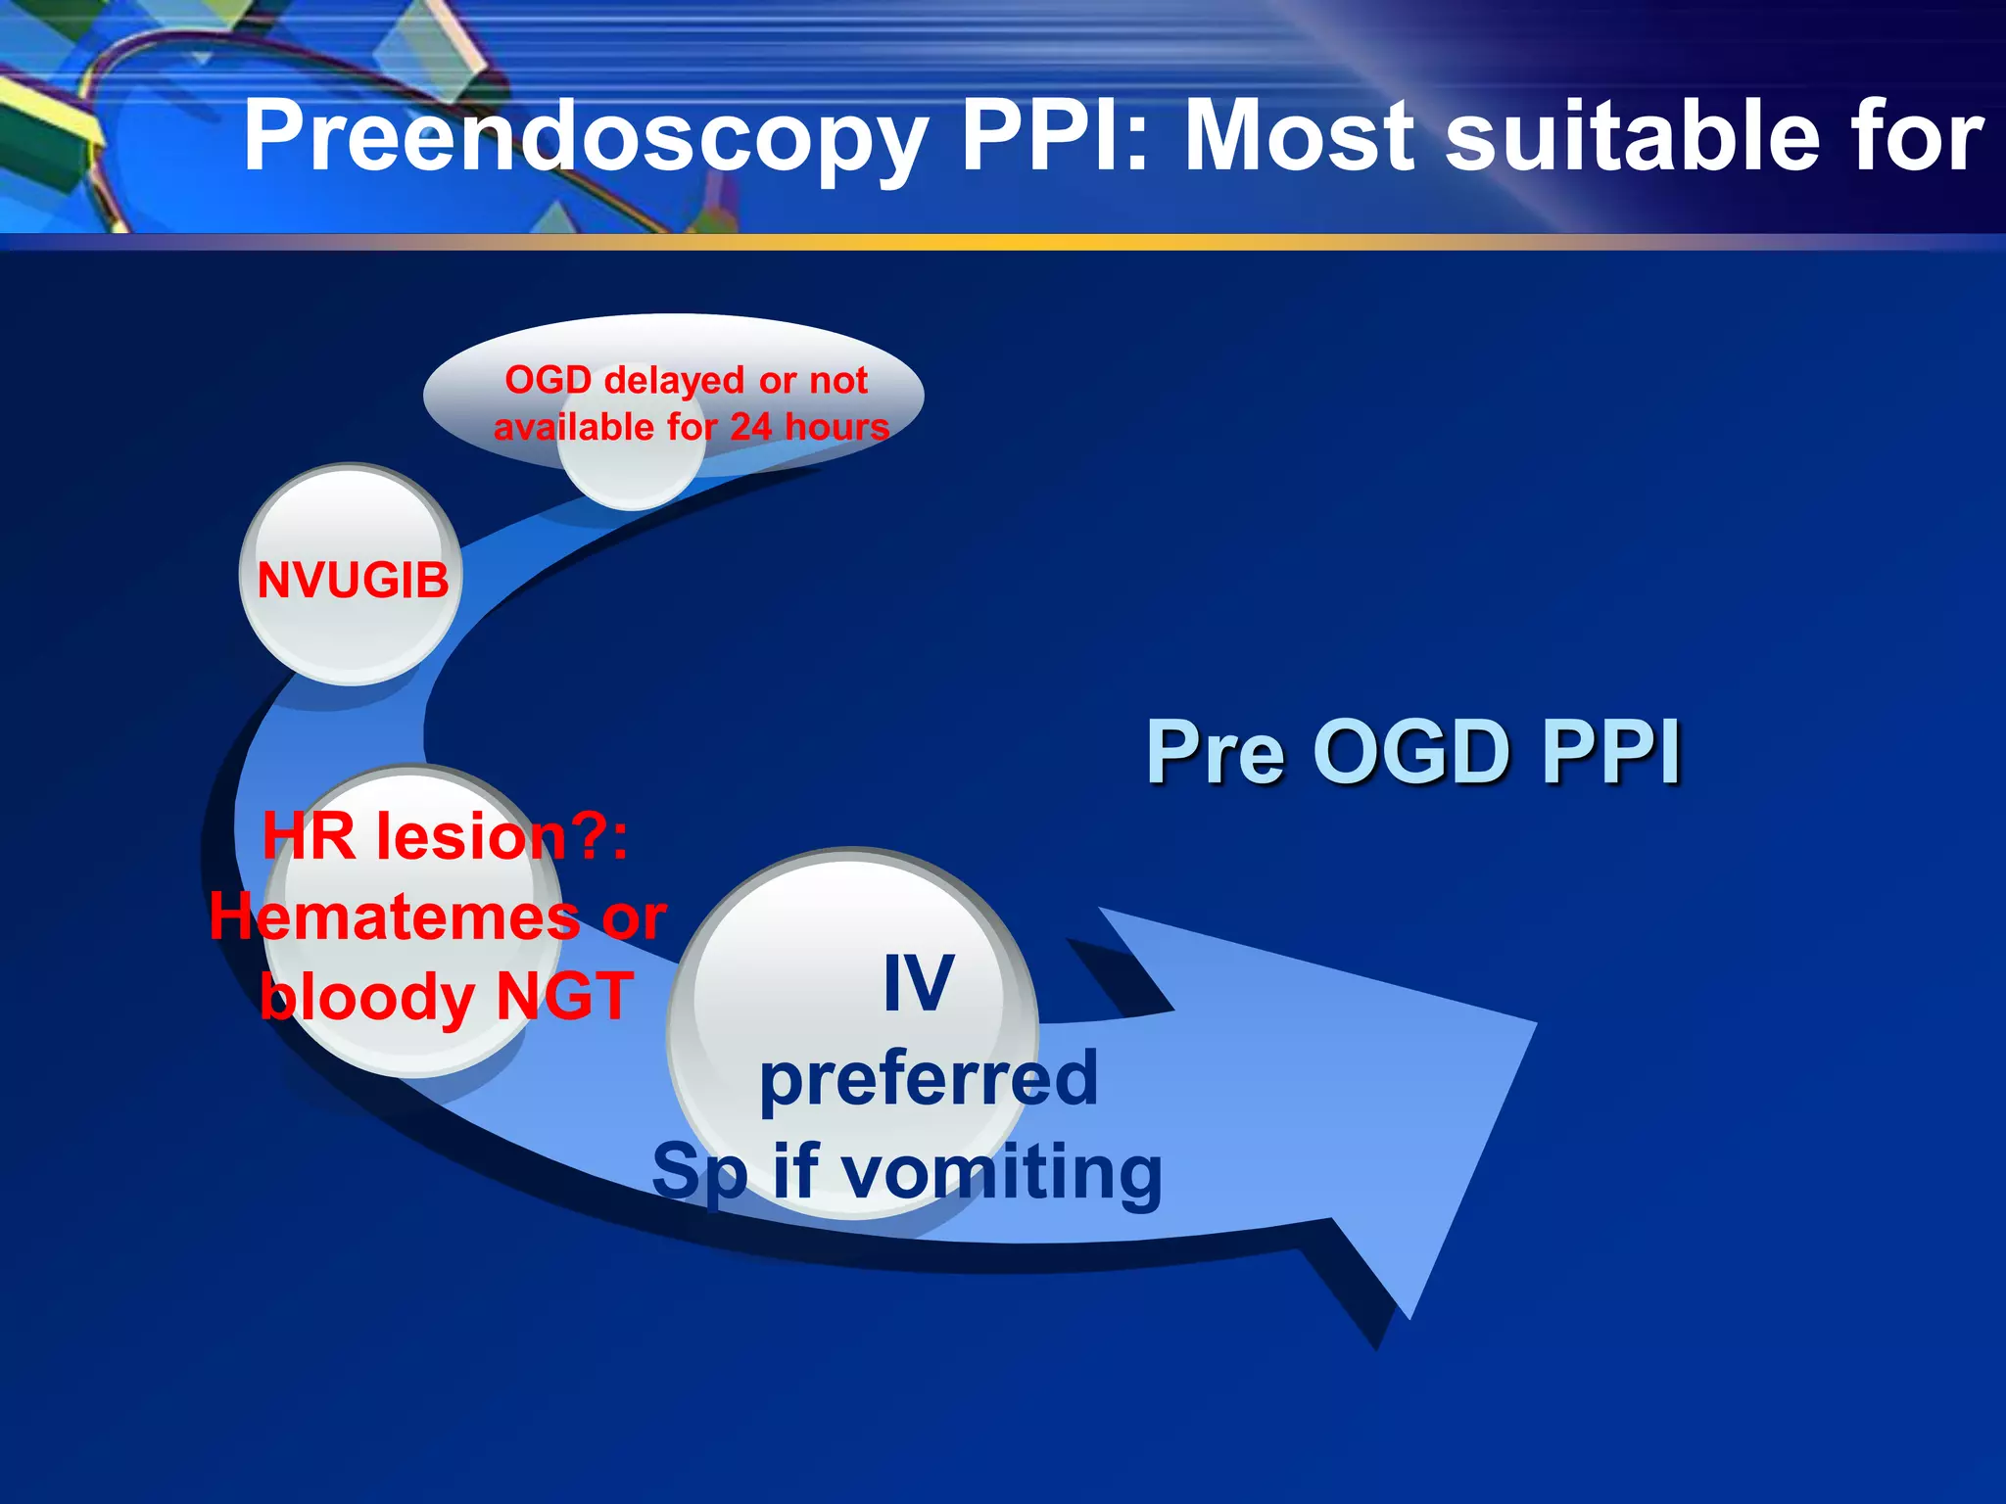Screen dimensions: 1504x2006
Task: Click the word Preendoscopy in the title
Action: pos(586,139)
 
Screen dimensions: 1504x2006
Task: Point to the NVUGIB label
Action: pos(353,580)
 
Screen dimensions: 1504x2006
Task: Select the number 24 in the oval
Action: pos(751,427)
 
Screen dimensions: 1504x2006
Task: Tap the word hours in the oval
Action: pos(837,427)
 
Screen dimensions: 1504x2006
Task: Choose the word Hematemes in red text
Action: pos(395,917)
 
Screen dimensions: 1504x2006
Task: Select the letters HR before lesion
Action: pos(309,838)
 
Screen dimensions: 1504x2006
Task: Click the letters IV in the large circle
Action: pos(918,983)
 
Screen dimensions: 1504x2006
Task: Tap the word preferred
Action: pos(929,1078)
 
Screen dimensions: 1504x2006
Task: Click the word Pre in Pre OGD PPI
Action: pos(1215,752)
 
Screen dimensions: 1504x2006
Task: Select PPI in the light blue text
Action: pos(1611,752)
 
